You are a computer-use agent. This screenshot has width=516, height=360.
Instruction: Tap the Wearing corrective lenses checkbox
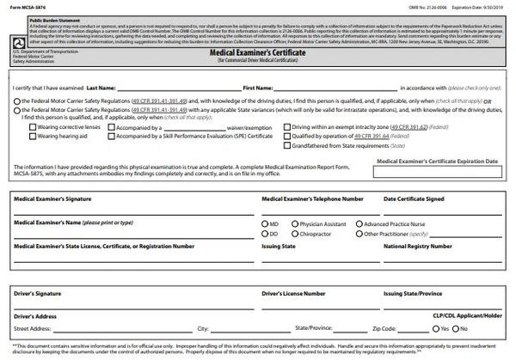point(32,126)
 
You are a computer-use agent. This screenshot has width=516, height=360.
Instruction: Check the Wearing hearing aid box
point(32,136)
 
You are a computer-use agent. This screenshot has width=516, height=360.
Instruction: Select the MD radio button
point(262,223)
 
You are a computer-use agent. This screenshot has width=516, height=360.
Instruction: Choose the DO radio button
point(262,233)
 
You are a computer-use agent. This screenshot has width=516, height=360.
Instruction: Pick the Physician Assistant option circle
point(293,223)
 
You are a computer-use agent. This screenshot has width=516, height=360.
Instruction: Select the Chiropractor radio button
point(293,233)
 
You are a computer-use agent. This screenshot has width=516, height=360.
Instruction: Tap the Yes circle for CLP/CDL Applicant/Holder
point(433,327)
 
